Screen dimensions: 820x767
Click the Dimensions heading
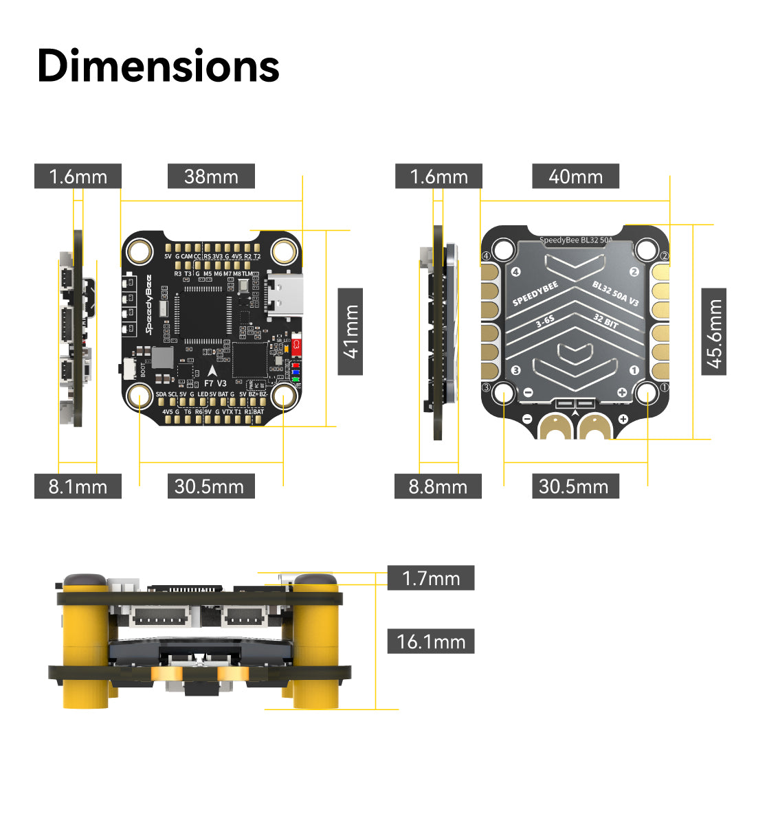coord(158,66)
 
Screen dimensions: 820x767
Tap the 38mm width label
coord(211,176)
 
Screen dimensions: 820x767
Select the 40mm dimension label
coord(575,176)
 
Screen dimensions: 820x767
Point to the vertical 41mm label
coord(351,332)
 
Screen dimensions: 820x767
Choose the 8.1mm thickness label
coord(78,486)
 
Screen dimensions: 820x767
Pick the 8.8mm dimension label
coord(438,486)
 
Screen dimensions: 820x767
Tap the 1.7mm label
coord(431,578)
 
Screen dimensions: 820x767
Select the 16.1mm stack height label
coord(431,641)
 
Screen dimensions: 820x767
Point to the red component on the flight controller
coord(297,345)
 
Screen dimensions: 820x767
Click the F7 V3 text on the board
coord(215,383)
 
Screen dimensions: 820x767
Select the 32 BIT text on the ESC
coord(605,321)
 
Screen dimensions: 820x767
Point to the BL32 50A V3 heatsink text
coord(615,293)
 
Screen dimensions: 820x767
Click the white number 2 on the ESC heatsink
coord(634,272)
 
